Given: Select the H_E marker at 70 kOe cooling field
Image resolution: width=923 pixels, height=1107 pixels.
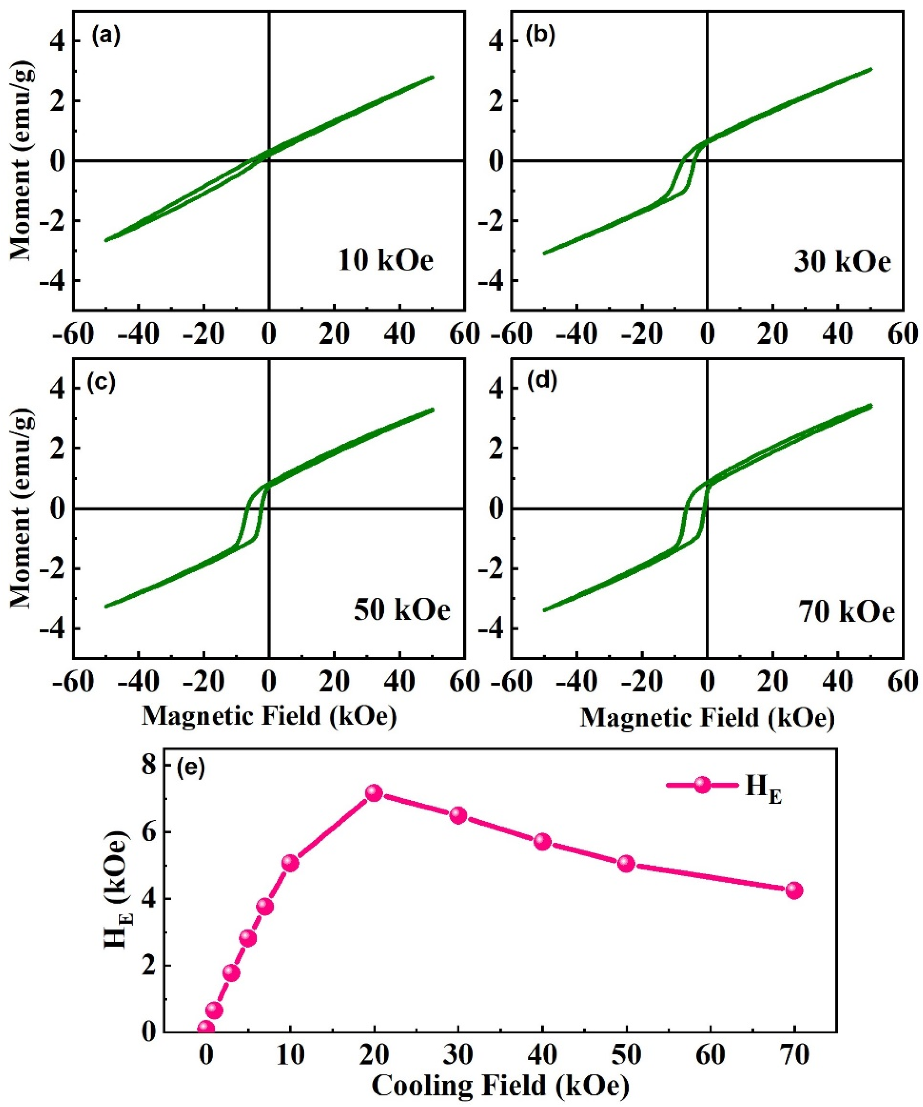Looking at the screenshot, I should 794,890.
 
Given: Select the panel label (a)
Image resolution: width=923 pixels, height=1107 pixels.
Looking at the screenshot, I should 106,37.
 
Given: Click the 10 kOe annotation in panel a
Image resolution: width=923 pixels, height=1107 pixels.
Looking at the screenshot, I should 385,261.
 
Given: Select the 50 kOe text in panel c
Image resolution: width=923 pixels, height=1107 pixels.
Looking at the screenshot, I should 402,610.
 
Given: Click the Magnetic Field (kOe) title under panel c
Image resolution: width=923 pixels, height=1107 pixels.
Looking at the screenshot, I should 269,716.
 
